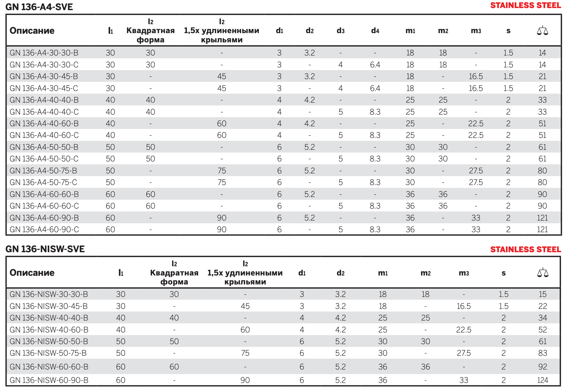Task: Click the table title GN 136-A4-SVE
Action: point(39,7)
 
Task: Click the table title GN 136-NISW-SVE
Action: point(45,249)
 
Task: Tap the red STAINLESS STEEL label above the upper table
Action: point(525,5)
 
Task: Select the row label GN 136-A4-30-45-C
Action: point(44,88)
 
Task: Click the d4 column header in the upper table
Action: point(375,31)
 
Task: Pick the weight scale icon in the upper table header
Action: point(542,30)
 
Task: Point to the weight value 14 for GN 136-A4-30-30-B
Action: point(542,53)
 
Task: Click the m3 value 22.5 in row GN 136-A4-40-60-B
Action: point(476,124)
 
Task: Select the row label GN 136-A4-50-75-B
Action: point(43,171)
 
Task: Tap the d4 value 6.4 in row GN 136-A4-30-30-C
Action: point(375,65)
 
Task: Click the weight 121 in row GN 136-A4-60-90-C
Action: point(542,230)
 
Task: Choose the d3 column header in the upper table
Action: point(341,31)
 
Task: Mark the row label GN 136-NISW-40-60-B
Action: point(49,330)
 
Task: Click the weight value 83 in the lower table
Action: point(543,353)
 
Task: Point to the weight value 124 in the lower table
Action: point(543,380)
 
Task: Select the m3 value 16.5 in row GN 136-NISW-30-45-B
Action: point(464,306)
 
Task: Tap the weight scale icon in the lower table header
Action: point(543,273)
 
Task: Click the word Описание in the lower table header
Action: point(32,273)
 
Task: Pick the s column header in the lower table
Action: point(504,273)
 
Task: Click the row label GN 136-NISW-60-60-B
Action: point(49,367)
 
